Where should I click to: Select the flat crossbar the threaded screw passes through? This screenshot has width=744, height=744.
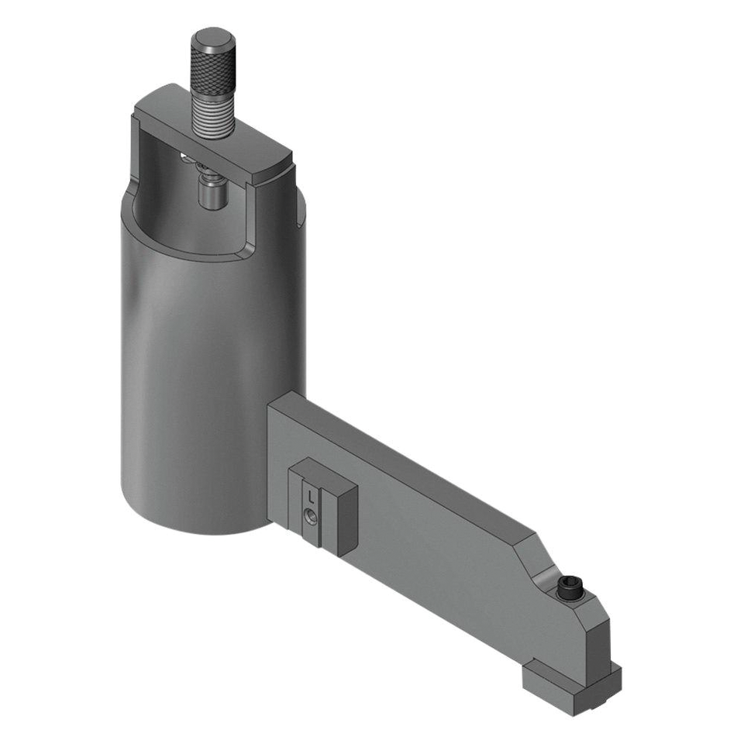(232, 147)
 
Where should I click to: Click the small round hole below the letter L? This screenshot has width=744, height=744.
(309, 513)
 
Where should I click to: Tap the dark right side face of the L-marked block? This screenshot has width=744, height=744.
(346, 519)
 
